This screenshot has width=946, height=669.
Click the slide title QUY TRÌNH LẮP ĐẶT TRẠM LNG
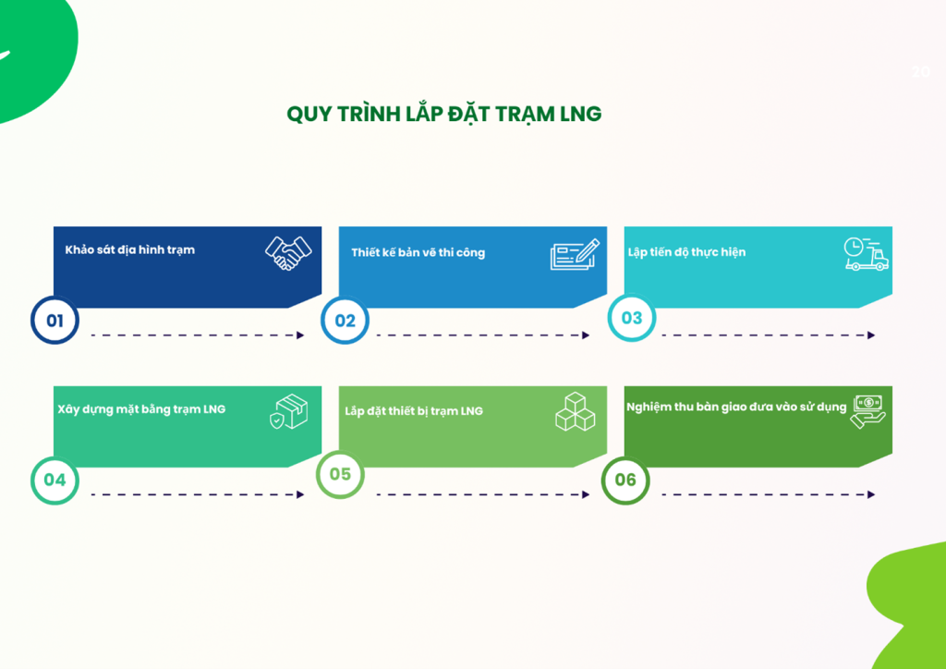[443, 114]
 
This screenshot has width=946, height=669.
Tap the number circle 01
[55, 321]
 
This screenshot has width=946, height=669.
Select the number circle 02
[345, 321]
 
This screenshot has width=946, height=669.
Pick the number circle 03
[631, 318]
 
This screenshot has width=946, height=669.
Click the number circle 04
[55, 480]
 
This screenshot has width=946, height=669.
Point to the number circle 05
[340, 474]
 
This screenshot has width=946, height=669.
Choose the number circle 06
[625, 480]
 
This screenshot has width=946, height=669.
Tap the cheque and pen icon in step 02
[575, 254]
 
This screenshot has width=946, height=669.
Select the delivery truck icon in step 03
[866, 254]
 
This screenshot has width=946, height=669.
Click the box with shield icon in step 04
[288, 412]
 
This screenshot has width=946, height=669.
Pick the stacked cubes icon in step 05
[575, 412]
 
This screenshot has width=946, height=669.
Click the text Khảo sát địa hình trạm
[129, 249]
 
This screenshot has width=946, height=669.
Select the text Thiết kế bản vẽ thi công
[418, 252]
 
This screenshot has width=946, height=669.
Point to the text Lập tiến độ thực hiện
[686, 252]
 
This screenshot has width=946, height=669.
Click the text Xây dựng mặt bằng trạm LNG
[141, 408]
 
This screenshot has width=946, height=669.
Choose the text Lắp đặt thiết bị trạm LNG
[414, 410]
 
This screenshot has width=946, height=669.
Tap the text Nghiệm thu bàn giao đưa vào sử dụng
[735, 407]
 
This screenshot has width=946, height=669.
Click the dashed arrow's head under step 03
[871, 335]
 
